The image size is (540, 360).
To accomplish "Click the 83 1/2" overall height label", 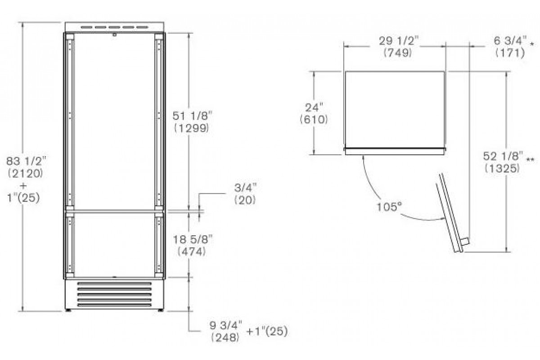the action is click(26, 161).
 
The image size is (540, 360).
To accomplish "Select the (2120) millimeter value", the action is click(26, 173).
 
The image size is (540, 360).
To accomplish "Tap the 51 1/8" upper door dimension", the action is click(193, 116).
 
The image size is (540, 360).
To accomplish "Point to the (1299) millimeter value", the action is click(191, 128).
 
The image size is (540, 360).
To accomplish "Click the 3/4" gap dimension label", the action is click(245, 188).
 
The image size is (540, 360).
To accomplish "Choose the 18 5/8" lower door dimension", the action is click(193, 239).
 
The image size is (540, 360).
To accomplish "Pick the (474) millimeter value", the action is click(192, 252).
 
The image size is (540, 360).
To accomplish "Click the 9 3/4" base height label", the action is click(225, 325).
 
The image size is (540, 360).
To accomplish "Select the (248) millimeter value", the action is click(225, 337).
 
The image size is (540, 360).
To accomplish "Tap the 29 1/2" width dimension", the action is click(399, 40).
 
